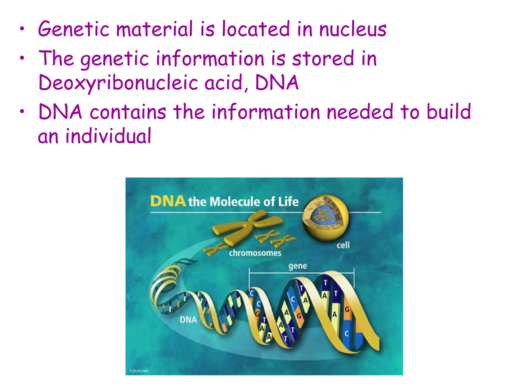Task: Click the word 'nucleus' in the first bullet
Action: (353, 29)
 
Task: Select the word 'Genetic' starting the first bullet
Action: (74, 29)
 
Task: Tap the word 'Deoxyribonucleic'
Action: (118, 83)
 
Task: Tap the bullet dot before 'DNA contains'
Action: (22, 111)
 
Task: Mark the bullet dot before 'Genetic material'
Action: (22, 29)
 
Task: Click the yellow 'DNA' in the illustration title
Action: (168, 201)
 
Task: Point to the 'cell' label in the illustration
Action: (343, 245)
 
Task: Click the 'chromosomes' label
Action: (255, 253)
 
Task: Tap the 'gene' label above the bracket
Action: (298, 266)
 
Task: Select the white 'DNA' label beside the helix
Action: (188, 319)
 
